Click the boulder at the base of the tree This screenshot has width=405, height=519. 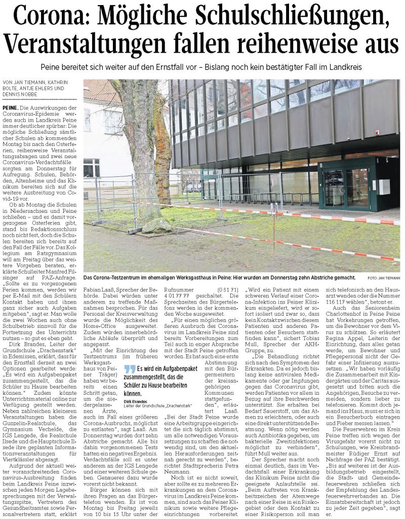pyautogui.click(x=156, y=226)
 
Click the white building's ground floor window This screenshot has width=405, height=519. pyautogui.click(x=91, y=168)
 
